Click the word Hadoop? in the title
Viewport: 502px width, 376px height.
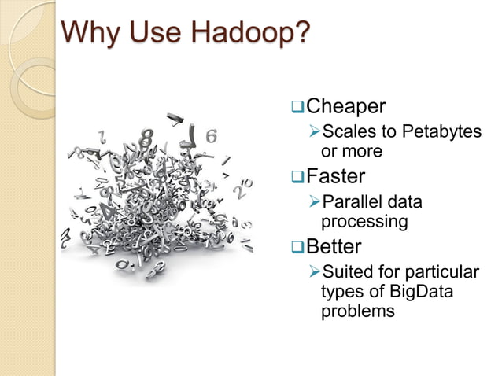[250, 33]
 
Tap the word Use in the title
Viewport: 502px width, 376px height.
[154, 33]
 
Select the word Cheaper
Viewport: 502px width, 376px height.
[345, 105]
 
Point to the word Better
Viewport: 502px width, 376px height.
[334, 247]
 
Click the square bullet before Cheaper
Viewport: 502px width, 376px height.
[297, 105]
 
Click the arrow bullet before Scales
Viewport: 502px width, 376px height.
[314, 131]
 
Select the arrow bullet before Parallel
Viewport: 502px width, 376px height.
[314, 202]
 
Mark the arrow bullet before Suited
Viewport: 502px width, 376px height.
[314, 273]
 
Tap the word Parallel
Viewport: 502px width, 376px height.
[352, 202]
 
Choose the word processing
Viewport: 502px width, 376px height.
[364, 222]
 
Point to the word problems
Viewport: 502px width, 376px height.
[357, 311]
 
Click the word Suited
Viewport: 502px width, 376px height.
[347, 273]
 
